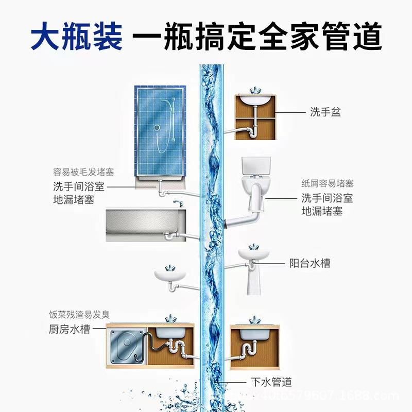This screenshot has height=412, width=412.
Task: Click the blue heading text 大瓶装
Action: (x=76, y=36)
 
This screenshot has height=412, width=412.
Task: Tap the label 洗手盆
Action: (x=325, y=112)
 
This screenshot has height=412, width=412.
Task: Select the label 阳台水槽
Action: (x=310, y=263)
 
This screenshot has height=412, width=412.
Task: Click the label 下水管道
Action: (x=271, y=382)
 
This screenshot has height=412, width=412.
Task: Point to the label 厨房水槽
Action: (x=70, y=329)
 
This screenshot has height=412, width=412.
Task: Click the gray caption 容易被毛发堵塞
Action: (x=83, y=172)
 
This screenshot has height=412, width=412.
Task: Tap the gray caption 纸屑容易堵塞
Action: (x=328, y=183)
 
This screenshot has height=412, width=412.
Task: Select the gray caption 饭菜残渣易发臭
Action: (x=79, y=314)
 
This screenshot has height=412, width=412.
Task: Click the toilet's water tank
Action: (x=255, y=166)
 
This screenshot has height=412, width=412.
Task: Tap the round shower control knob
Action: (x=157, y=128)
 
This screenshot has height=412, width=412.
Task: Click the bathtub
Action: (x=146, y=225)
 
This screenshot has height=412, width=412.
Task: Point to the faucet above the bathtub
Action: (x=178, y=203)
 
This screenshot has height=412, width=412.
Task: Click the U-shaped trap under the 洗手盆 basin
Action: (x=252, y=132)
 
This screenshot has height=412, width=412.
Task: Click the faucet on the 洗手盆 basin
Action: (x=255, y=91)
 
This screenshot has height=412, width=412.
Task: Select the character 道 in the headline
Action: (x=367, y=36)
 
